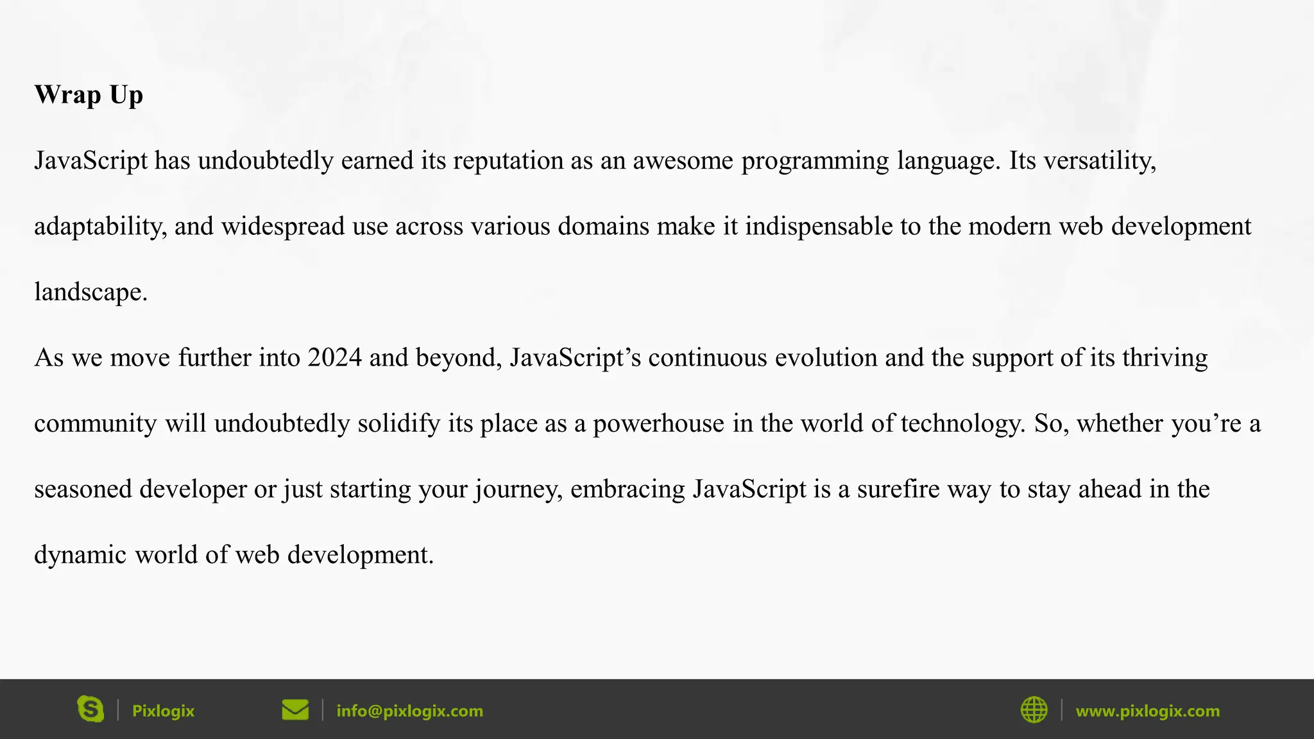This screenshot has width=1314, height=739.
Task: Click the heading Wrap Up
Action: (89, 95)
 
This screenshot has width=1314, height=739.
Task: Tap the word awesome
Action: (683, 160)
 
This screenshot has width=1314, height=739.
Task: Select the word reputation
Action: (508, 160)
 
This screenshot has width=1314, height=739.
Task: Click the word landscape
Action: (90, 293)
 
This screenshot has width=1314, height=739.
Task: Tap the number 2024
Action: (334, 358)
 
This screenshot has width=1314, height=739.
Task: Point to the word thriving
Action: (1165, 358)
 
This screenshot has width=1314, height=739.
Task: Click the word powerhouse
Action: (658, 424)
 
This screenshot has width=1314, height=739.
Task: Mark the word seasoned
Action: (83, 489)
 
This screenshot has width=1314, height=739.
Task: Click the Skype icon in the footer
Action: (90, 709)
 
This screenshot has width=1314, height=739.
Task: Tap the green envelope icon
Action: (295, 710)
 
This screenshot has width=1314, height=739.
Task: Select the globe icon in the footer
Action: (1034, 710)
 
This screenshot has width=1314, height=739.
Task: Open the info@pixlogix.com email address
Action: (409, 711)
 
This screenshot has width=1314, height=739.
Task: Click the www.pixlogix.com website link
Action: (1147, 711)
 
